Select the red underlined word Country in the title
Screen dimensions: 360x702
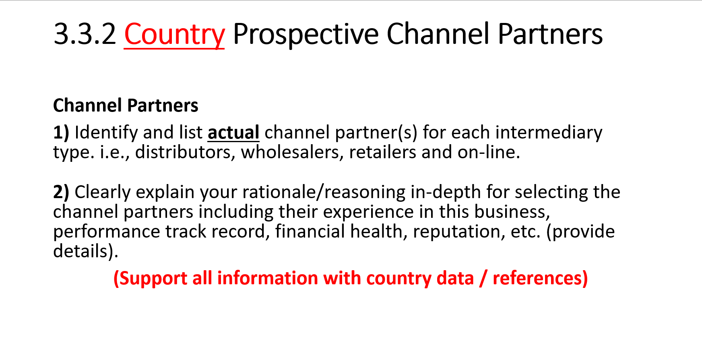coord(174,35)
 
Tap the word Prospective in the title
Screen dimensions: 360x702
coord(306,35)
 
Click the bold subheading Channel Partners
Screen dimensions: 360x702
coord(126,106)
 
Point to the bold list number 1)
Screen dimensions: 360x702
coord(61,132)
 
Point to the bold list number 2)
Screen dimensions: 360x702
coord(61,192)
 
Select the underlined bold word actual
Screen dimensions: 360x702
coord(233,132)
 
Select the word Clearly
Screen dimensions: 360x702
coord(102,192)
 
